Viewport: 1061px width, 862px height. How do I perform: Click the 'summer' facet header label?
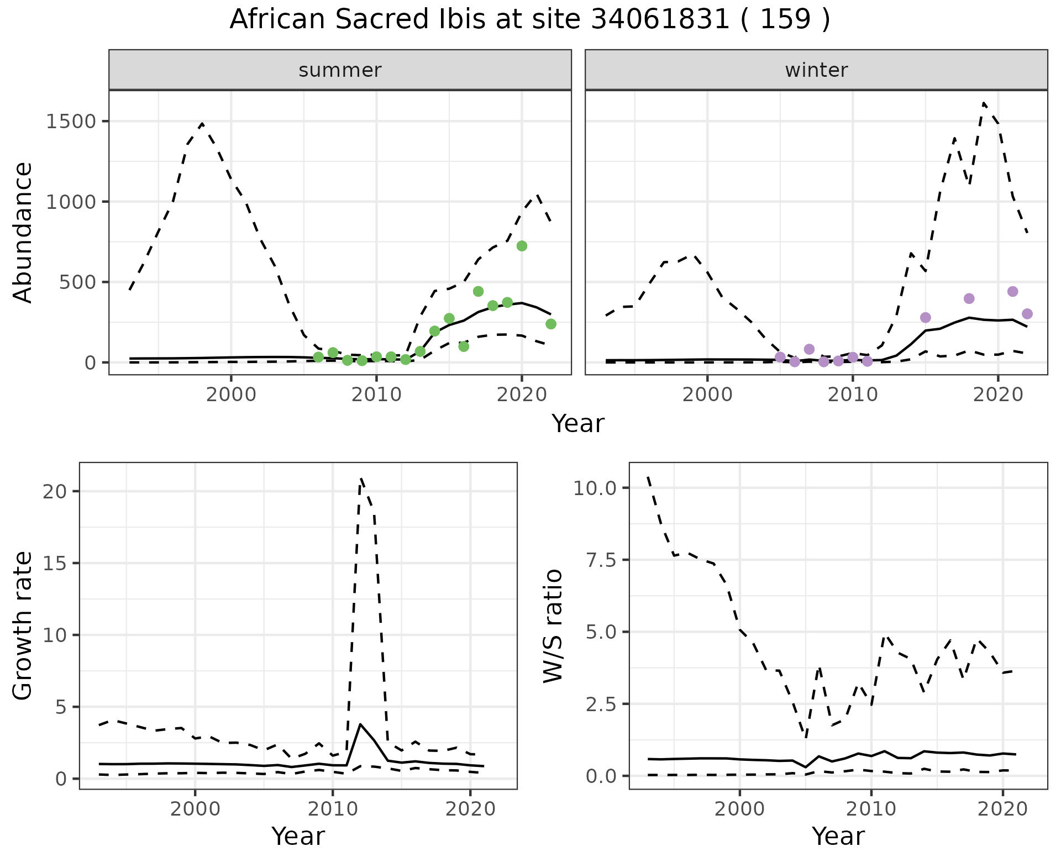pyautogui.click(x=340, y=70)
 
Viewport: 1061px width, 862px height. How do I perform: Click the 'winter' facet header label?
pyautogui.click(x=816, y=70)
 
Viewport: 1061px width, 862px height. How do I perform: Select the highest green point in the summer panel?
pyautogui.click(x=522, y=246)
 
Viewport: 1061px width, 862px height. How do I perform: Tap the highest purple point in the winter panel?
pyautogui.click(x=1012, y=291)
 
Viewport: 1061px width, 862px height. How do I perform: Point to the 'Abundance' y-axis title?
pyautogui.click(x=23, y=232)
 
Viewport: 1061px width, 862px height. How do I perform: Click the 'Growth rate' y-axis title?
pyautogui.click(x=23, y=626)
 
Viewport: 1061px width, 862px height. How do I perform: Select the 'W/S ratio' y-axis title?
pyautogui.click(x=553, y=626)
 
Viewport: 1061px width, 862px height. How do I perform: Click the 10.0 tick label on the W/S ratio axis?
pyautogui.click(x=594, y=488)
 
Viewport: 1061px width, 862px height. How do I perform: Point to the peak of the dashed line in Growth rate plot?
pyautogui.click(x=361, y=479)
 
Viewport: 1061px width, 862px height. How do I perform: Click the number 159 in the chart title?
pyautogui.click(x=785, y=20)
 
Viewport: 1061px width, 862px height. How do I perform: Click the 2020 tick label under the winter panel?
pyautogui.click(x=997, y=395)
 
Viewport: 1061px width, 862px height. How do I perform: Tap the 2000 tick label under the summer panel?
pyautogui.click(x=231, y=395)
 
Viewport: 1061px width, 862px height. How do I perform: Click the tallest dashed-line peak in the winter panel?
pyautogui.click(x=984, y=103)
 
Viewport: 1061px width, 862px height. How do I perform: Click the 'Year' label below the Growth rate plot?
pyautogui.click(x=298, y=836)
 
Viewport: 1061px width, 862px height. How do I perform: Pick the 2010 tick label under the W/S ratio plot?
pyautogui.click(x=871, y=809)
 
